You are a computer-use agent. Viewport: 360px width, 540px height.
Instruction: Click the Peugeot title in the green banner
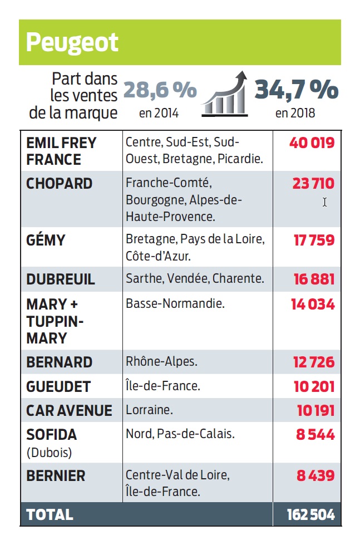[72, 42]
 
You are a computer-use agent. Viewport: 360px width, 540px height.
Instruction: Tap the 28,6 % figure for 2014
[159, 90]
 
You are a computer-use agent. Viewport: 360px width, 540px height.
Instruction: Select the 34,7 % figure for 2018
[296, 90]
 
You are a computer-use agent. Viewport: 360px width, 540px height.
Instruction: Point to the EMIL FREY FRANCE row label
[61, 151]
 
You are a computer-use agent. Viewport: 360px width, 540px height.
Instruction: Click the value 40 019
[312, 143]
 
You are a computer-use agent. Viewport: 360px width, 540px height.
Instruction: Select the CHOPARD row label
[60, 184]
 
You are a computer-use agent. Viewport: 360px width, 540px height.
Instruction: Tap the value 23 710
[313, 184]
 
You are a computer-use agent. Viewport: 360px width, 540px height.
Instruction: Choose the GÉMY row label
[46, 240]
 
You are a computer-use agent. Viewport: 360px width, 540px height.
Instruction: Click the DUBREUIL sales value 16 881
[314, 279]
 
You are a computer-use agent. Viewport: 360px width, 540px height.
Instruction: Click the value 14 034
[313, 305]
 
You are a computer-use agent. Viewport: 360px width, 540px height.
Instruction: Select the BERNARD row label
[59, 362]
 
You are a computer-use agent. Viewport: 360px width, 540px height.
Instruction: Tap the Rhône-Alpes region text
[161, 361]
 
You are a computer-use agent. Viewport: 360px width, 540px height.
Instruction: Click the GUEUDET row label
[58, 386]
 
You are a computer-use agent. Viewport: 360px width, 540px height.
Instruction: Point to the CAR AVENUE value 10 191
[315, 411]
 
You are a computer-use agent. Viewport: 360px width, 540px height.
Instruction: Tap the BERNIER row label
[56, 476]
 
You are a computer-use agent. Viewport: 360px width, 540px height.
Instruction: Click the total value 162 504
[310, 515]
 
